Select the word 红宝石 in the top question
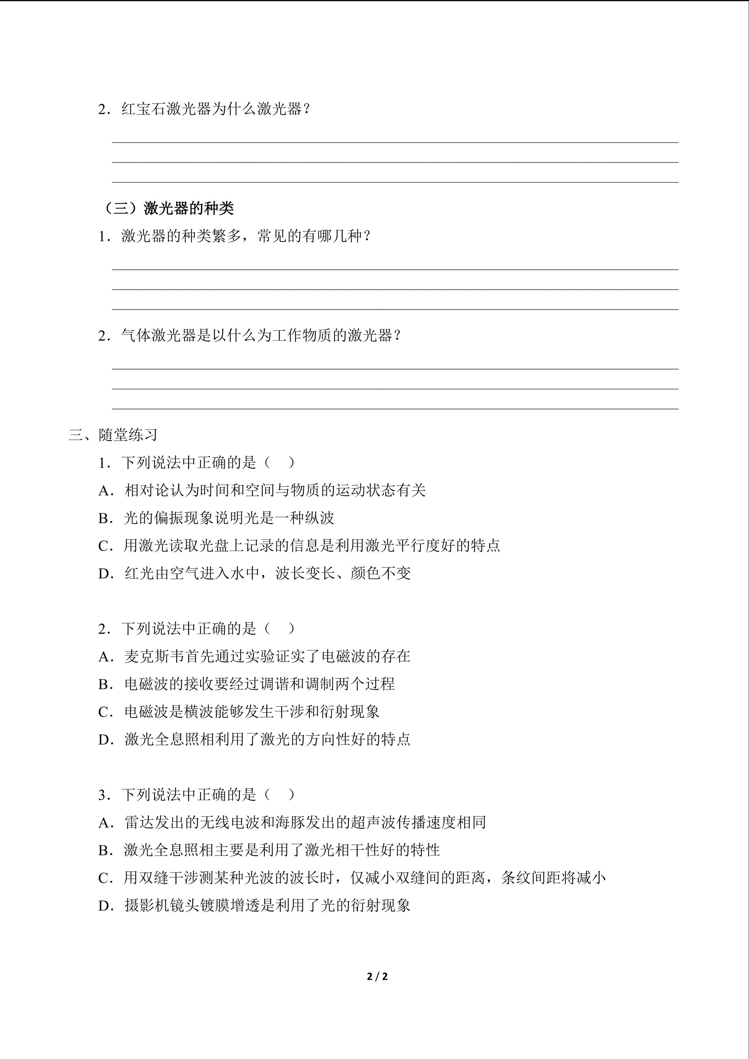[143, 109]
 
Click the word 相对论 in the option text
[147, 490]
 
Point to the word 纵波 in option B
[319, 518]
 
